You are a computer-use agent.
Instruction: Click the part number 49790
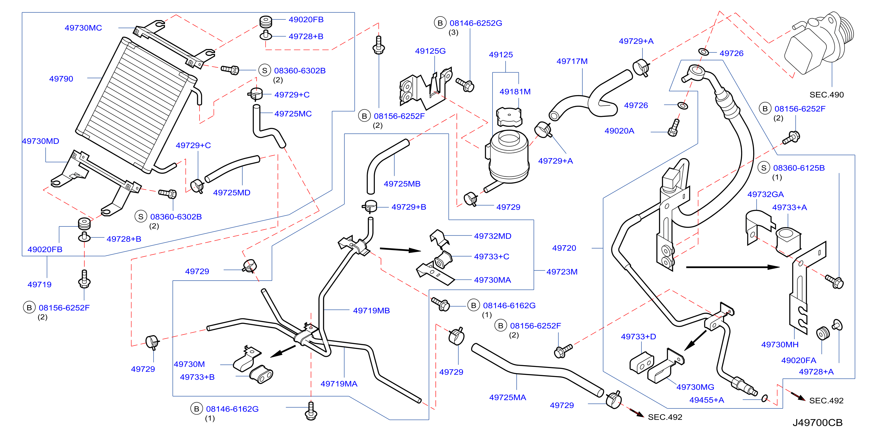click(x=61, y=79)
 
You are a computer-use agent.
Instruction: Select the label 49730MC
click(x=83, y=28)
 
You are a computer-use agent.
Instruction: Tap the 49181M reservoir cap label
click(x=515, y=92)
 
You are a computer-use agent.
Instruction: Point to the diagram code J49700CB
click(x=818, y=423)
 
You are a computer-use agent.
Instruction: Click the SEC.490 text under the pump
click(x=827, y=95)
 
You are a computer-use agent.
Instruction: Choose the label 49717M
click(x=572, y=61)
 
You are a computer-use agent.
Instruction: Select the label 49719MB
click(x=371, y=310)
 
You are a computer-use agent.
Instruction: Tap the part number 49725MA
click(x=508, y=397)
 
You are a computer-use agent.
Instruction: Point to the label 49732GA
click(x=766, y=194)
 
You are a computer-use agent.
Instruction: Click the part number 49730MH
click(x=780, y=345)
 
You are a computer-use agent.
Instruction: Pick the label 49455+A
click(x=707, y=400)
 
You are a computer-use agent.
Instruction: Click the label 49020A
click(x=619, y=131)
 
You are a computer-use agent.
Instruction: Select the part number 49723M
click(x=562, y=272)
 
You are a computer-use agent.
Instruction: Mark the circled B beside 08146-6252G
click(x=440, y=23)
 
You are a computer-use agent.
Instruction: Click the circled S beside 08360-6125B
click(x=763, y=168)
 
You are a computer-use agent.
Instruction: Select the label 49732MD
click(x=493, y=236)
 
